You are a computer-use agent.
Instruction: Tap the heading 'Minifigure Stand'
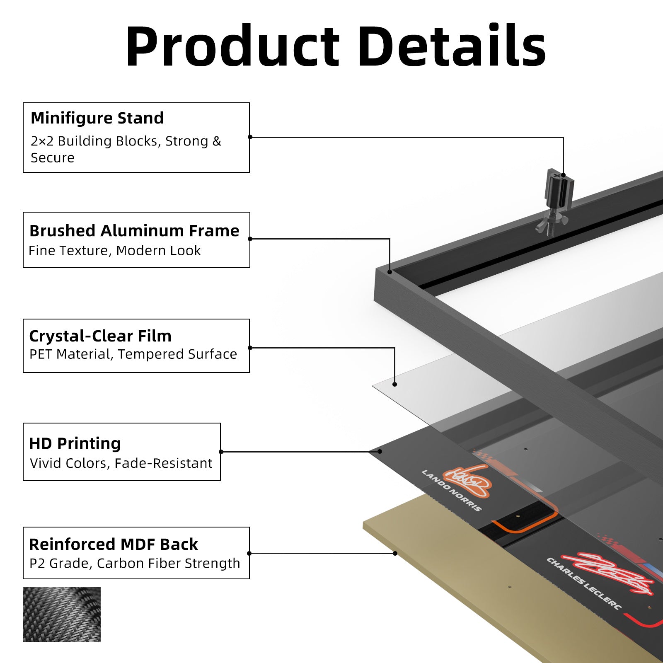point(97,118)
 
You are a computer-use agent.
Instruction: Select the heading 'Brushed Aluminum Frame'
point(134,231)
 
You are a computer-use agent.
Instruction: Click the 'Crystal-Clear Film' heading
point(100,336)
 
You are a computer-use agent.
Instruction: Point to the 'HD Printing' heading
point(75,443)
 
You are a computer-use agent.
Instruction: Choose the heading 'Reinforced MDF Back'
point(114,544)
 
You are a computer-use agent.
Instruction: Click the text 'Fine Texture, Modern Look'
point(115,251)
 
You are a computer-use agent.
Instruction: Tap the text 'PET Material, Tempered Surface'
point(133,354)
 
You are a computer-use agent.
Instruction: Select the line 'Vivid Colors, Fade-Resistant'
point(121,463)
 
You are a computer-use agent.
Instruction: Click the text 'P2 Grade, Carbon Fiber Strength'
point(135,564)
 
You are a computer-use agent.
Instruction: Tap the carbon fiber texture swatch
point(62,615)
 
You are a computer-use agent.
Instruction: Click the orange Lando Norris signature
point(467,482)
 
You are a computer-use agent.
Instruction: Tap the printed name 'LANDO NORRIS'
point(452,491)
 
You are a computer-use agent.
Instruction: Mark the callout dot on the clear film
point(394,385)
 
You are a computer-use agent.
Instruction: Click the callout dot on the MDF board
point(395,553)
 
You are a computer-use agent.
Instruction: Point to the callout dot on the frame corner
point(390,272)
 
